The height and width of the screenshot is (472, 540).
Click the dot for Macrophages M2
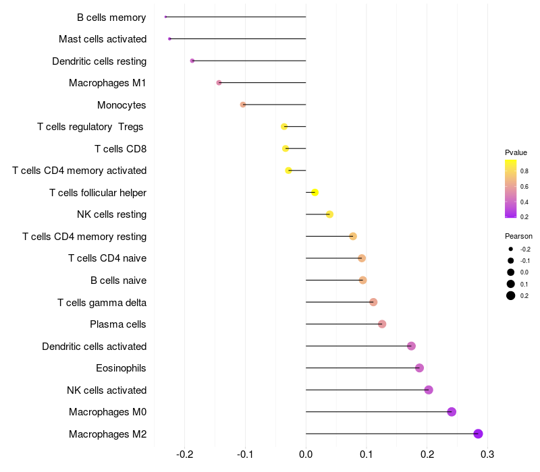click(478, 434)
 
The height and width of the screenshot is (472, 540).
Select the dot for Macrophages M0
click(452, 412)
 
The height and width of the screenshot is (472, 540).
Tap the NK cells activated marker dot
click(429, 390)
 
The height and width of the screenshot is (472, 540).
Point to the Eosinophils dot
click(419, 368)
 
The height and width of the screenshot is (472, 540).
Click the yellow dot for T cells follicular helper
click(315, 192)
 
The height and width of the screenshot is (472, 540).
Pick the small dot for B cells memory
click(165, 17)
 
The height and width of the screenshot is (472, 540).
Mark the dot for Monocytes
click(243, 105)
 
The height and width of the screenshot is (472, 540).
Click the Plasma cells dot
click(382, 324)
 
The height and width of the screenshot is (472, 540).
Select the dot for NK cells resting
click(329, 214)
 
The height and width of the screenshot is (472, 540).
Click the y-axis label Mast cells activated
click(103, 39)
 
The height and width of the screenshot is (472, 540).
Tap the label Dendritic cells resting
click(99, 61)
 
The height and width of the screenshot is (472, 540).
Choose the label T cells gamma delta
click(102, 302)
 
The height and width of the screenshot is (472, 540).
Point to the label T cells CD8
click(121, 148)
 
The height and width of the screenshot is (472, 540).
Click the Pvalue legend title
click(516, 152)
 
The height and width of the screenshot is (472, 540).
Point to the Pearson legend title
click(518, 236)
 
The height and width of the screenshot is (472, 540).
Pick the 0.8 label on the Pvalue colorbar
click(524, 171)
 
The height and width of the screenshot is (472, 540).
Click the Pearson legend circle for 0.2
click(511, 295)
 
